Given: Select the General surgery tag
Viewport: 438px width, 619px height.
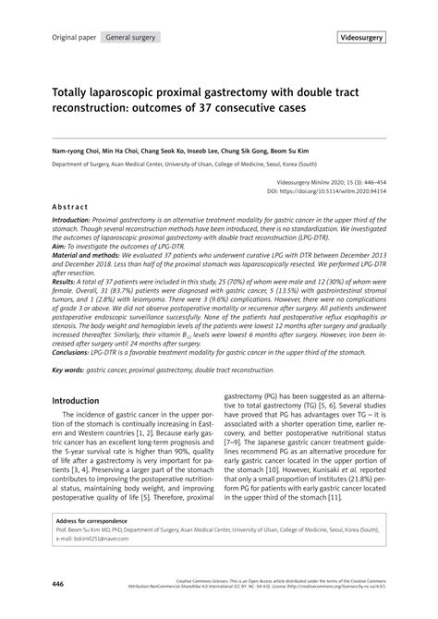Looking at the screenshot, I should (130, 38).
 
